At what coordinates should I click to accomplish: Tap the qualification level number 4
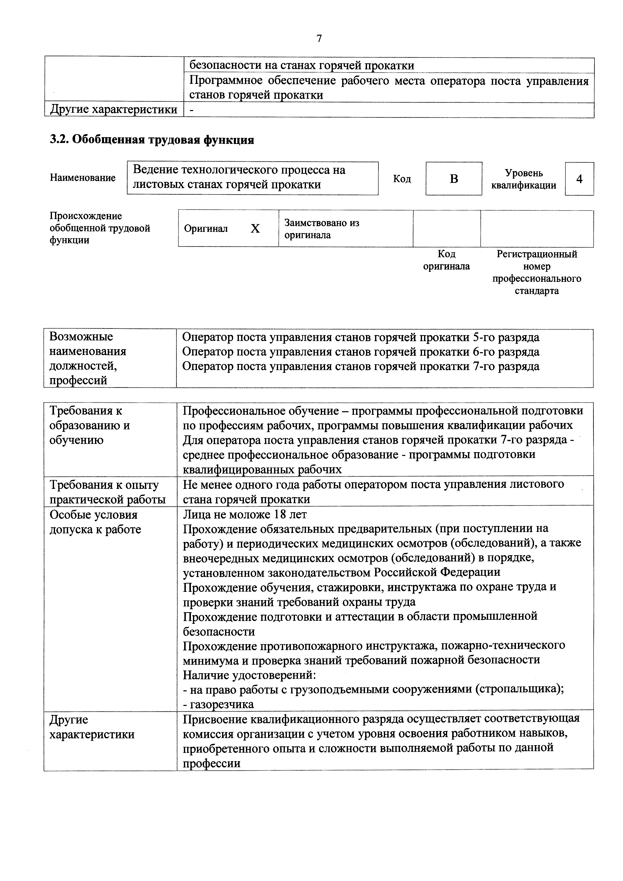[x=579, y=179]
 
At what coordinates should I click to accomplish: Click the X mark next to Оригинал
[x=255, y=229]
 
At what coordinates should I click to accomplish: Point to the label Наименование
[x=82, y=178]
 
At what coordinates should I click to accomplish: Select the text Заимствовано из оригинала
[x=322, y=229]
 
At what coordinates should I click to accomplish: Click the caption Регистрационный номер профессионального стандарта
[x=537, y=272]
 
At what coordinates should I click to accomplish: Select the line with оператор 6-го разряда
[x=360, y=351]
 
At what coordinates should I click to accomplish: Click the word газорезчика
[x=222, y=704]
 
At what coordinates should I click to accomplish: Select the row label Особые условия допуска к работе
[x=95, y=522]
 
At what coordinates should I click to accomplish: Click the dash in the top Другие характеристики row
[x=192, y=110]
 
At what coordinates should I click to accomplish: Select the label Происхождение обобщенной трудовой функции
[x=100, y=228]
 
